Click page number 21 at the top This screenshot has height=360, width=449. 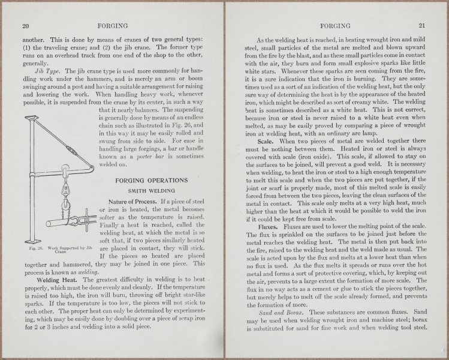[x=422, y=26]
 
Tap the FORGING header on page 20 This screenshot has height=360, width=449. [x=112, y=26]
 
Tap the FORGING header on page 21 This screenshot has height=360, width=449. [x=335, y=26]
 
